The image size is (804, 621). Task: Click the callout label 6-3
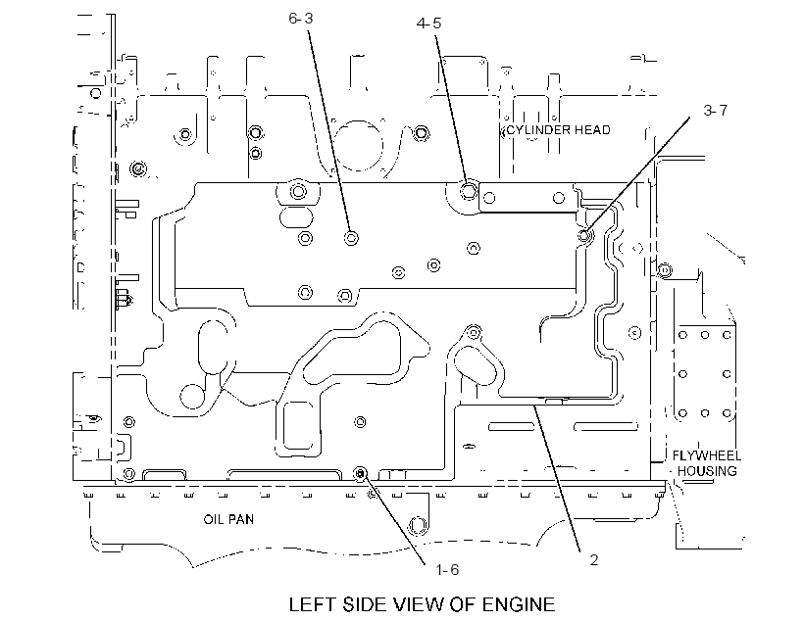[x=300, y=19]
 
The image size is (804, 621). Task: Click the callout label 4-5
[x=428, y=24]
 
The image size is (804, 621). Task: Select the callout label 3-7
[x=716, y=110]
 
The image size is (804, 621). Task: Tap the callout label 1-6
[x=447, y=570]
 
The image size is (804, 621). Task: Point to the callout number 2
[x=594, y=559]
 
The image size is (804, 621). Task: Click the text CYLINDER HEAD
[x=559, y=130]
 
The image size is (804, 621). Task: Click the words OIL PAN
[x=228, y=519]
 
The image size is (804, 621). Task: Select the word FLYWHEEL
[x=707, y=455]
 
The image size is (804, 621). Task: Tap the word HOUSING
[x=707, y=471]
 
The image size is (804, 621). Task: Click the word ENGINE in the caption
[x=518, y=604]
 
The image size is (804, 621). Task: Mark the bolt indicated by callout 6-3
[x=351, y=238]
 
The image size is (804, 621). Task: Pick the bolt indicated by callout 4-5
[x=468, y=191]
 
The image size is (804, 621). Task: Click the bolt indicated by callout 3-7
[x=585, y=236]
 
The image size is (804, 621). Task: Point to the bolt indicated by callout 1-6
[x=361, y=474]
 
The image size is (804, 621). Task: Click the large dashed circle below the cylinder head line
[x=359, y=146]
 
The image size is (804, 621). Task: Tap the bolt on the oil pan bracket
[x=417, y=526]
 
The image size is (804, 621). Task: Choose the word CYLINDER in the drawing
[x=538, y=130]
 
